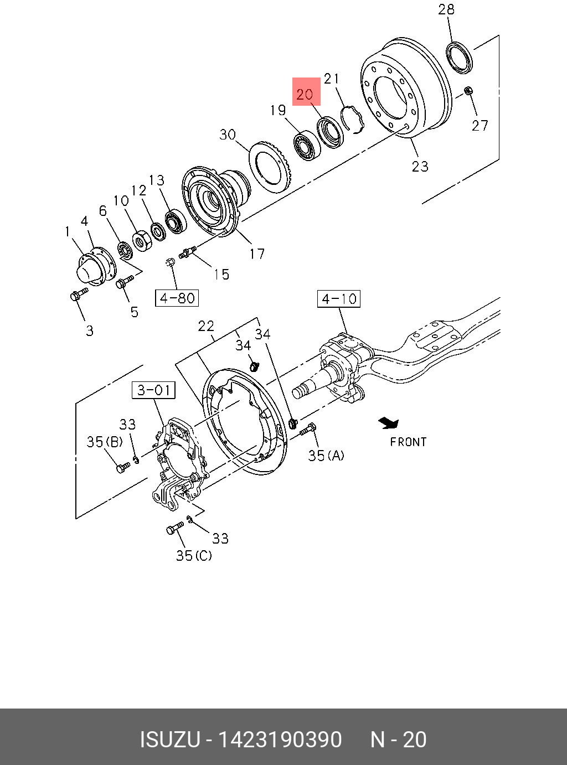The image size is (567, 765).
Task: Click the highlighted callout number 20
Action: tap(305, 94)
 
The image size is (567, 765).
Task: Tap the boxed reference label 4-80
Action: tap(177, 298)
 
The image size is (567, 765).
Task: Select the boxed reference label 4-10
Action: tap(339, 299)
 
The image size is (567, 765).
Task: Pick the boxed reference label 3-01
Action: tap(154, 390)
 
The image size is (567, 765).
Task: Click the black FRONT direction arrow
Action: tap(389, 423)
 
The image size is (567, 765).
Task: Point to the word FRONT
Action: tap(408, 442)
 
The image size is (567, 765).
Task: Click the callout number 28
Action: tap(446, 9)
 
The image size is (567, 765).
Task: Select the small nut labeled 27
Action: tap(468, 90)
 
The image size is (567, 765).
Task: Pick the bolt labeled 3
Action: tap(79, 295)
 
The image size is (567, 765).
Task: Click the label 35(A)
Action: tap(326, 456)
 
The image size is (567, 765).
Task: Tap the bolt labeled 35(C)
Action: tap(175, 529)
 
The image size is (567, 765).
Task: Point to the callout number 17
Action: tap(257, 254)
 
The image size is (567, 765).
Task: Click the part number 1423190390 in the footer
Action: tap(280, 740)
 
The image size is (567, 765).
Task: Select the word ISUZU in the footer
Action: tap(169, 740)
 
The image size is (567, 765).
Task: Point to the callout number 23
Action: tap(420, 166)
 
